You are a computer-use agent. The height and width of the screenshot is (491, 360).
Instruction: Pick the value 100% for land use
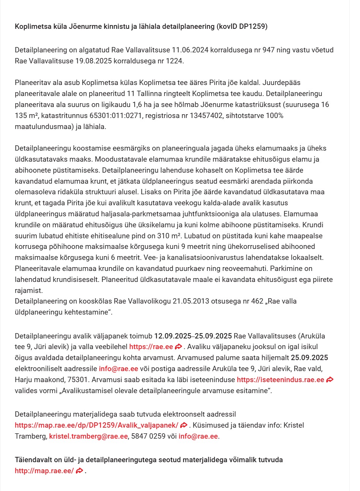coord(276,115)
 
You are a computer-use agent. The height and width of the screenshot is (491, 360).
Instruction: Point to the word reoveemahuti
coord(214,269)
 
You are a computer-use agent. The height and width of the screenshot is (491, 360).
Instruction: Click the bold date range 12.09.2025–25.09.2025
coord(193,336)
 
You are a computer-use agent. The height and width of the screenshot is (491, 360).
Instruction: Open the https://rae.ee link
coord(151,347)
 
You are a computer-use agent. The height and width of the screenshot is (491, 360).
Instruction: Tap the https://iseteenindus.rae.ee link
coord(280,380)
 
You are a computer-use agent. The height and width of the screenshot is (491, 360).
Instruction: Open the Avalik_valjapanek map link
coord(96,425)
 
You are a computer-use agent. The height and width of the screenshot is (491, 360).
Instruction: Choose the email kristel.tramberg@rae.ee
coord(88,436)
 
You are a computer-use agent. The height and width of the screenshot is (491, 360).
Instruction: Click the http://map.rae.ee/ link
coord(44,471)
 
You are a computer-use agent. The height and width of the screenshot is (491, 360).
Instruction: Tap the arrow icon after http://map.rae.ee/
coord(79,471)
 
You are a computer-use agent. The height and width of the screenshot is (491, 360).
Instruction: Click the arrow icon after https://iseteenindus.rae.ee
coord(330,380)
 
